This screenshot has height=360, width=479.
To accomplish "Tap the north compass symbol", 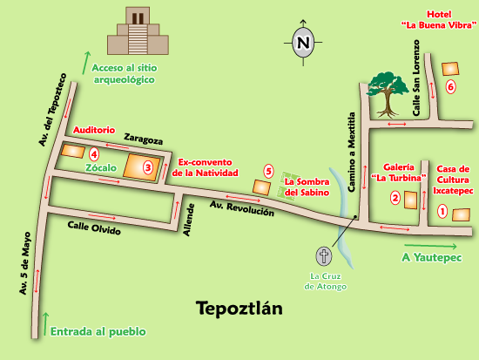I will pyautogui.click(x=302, y=42).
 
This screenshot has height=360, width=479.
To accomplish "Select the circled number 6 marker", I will pyautogui.click(x=450, y=87).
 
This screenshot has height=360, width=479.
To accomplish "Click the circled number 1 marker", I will pyautogui.click(x=442, y=210).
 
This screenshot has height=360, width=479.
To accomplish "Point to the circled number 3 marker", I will pyautogui.click(x=148, y=166).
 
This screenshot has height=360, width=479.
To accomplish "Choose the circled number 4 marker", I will pyautogui.click(x=93, y=154).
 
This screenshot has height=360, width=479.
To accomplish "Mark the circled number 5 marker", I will pyautogui.click(x=269, y=172).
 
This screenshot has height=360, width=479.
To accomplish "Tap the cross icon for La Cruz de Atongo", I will pyautogui.click(x=324, y=256).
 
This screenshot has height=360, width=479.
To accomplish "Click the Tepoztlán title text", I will pyautogui.click(x=239, y=309).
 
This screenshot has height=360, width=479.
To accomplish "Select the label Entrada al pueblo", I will pyautogui.click(x=98, y=331).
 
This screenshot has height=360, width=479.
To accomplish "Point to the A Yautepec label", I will pyautogui.click(x=431, y=258).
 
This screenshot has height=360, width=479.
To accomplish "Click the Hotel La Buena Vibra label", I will pyautogui.click(x=439, y=19).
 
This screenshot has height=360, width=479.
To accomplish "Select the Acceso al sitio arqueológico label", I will pyautogui.click(x=124, y=73).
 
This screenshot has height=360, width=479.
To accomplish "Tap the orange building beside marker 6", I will pyautogui.click(x=450, y=68).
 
